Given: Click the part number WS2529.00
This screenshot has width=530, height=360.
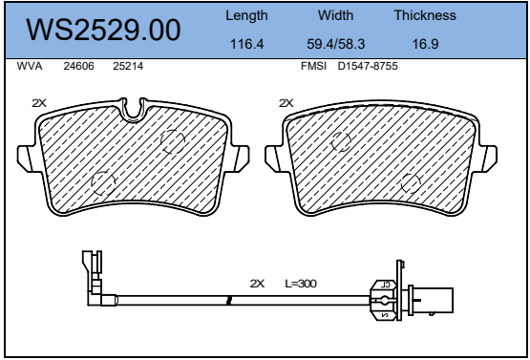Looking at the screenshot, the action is click(x=103, y=30).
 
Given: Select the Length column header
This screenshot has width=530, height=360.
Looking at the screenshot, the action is click(x=246, y=15).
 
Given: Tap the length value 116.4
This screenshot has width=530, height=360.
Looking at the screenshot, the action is click(x=246, y=44).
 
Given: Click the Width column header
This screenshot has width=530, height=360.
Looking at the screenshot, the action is click(x=335, y=15).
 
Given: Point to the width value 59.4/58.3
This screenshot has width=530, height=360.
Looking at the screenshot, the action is click(x=335, y=44).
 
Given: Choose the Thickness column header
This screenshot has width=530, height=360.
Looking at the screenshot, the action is click(x=425, y=15).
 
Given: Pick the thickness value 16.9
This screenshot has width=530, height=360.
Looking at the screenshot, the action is click(x=425, y=44).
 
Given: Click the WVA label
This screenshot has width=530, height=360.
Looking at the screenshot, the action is click(x=30, y=66).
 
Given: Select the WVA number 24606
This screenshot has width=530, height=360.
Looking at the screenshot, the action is click(x=78, y=66).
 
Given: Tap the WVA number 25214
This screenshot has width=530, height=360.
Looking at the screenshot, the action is click(x=128, y=66).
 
